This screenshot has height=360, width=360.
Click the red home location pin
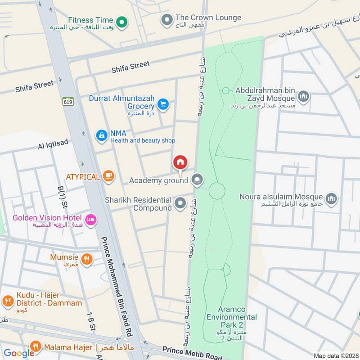point(180,162)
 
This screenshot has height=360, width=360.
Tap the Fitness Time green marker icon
point(121,21)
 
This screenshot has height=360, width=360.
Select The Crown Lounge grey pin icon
point(167,20)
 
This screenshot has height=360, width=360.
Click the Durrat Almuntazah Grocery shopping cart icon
point(163,105)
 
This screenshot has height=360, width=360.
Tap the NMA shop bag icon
point(102,135)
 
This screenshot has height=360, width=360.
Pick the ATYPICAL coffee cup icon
point(108,176)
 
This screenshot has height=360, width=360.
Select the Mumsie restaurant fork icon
point(87,259)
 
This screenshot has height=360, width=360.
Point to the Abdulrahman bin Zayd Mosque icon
point(304,96)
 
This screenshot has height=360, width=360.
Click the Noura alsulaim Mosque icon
point(332,198)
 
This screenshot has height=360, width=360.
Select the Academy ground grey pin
point(197,180)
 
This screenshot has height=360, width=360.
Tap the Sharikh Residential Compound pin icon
point(180,203)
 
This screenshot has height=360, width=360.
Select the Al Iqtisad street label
point(54,143)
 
